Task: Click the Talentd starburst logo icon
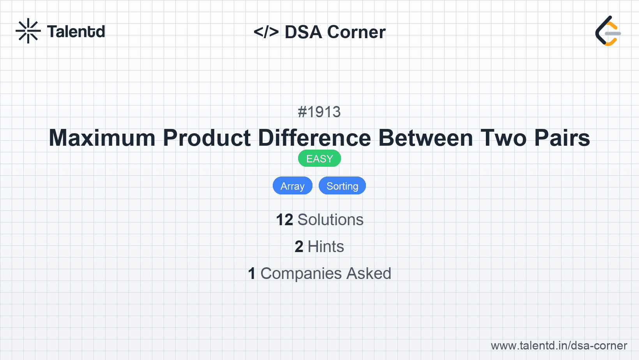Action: click(28, 31)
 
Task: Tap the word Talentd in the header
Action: click(76, 32)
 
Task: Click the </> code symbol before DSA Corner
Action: click(266, 32)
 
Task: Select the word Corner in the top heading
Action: click(357, 32)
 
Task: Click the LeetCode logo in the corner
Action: click(607, 31)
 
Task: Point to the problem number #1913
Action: click(319, 112)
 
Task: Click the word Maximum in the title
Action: click(102, 138)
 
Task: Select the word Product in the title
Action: click(207, 138)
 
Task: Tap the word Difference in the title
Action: click(314, 138)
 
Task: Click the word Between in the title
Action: click(426, 138)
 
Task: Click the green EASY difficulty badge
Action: click(319, 159)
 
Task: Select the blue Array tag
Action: click(293, 186)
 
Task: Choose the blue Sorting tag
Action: click(342, 186)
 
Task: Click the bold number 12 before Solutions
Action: click(284, 220)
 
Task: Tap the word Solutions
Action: click(330, 220)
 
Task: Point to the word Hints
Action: click(326, 247)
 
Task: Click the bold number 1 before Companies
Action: click(252, 274)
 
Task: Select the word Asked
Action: click(369, 274)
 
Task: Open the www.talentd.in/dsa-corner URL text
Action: click(559, 346)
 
